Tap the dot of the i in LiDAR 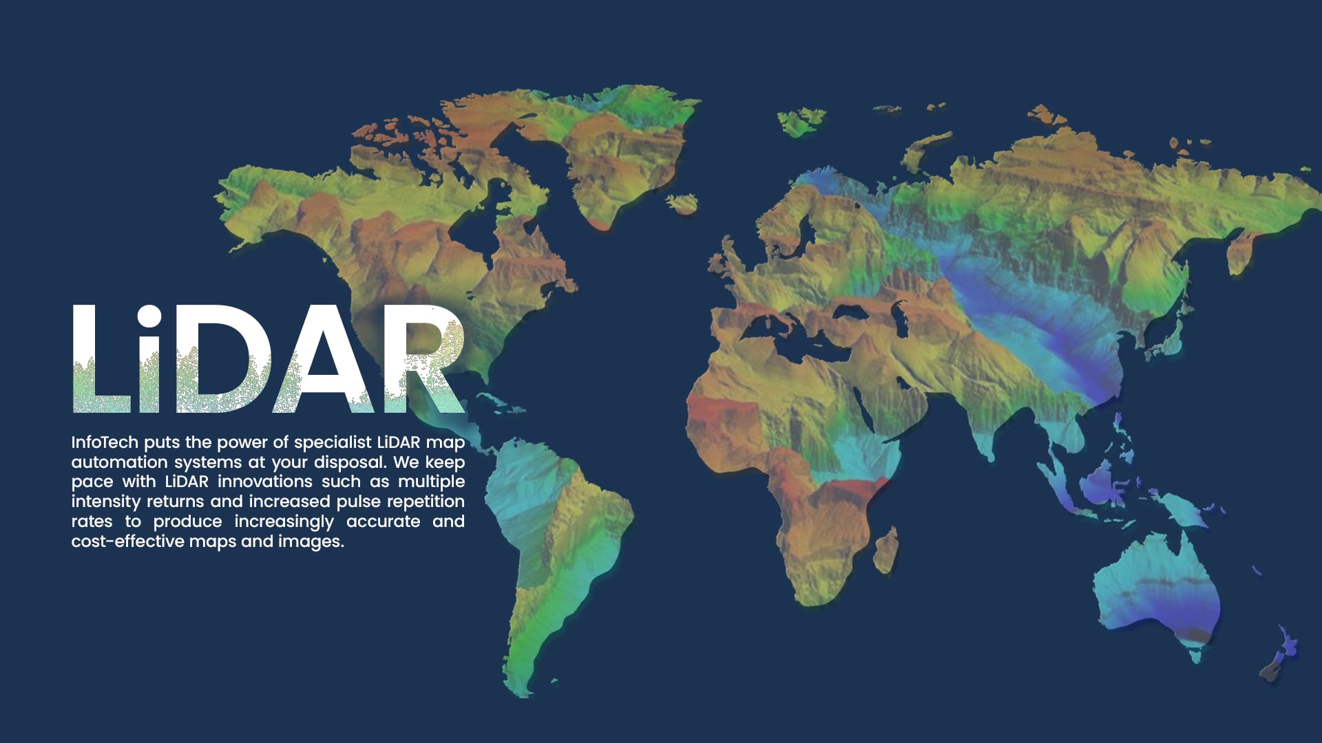coord(148,317)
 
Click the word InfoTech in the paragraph coord(105,442)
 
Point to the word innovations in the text coord(265,482)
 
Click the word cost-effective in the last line coord(127,541)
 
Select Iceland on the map coord(682,203)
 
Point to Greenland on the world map coord(620,151)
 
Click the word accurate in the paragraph coord(383,521)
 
